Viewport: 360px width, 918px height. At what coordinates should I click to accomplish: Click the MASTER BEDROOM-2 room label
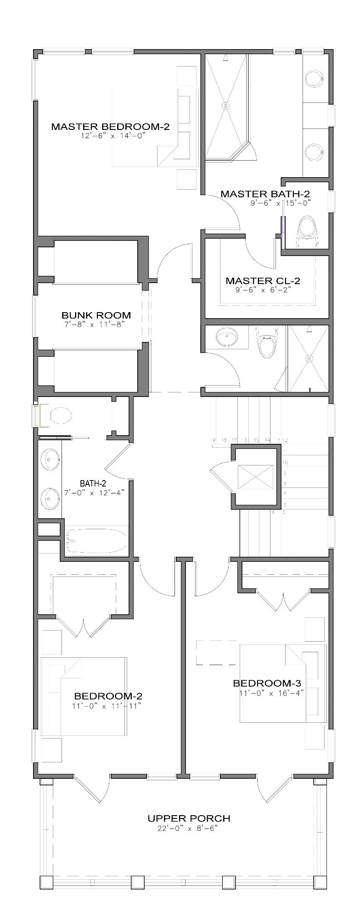click(x=110, y=126)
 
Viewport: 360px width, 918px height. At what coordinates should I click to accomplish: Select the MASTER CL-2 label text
click(x=263, y=280)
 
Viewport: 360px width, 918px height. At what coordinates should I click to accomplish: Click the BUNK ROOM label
click(x=96, y=315)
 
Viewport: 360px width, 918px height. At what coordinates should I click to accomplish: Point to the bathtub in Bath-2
click(x=96, y=542)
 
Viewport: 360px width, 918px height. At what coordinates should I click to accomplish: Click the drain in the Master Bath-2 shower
click(x=225, y=105)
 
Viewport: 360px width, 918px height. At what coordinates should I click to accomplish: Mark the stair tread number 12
click(x=285, y=441)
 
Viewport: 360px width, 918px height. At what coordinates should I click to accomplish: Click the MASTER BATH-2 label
click(x=265, y=194)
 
